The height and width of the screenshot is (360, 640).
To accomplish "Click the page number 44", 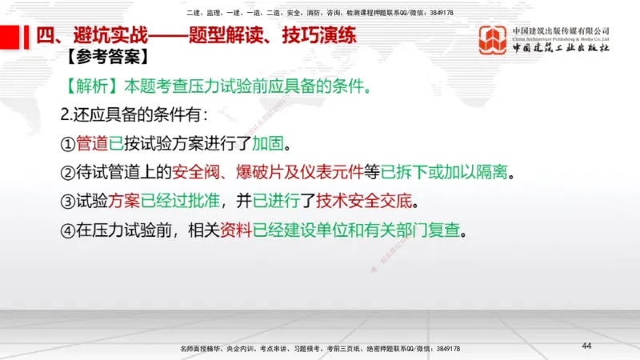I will point(586,345).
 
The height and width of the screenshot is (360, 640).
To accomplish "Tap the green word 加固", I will point(268,145).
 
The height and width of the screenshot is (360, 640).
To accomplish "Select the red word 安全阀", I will point(209,172).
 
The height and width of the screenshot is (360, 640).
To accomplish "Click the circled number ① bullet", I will point(68,145).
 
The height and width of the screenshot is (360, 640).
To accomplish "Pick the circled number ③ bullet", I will point(68,200).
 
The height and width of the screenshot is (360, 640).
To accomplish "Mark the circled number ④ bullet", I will point(68,229).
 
